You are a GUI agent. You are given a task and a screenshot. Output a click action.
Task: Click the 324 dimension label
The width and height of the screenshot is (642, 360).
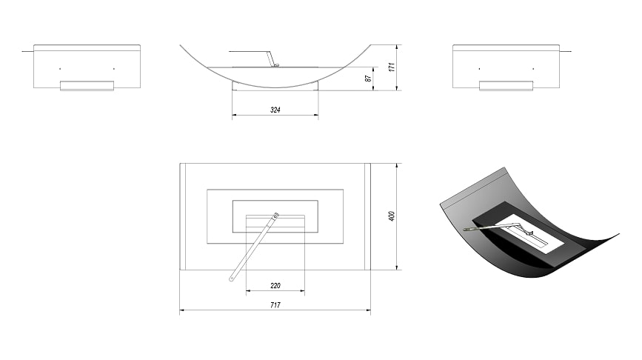275,110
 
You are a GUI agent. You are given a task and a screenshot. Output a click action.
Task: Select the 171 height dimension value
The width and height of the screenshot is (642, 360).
392,67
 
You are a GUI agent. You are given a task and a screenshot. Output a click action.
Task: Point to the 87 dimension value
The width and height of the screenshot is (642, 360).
369,78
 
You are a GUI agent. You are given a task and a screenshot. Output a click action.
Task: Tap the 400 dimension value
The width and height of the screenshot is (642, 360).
392,216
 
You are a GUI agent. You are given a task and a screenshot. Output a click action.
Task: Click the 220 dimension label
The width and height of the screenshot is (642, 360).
275,285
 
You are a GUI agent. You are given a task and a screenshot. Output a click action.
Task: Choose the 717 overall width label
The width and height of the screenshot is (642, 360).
275,305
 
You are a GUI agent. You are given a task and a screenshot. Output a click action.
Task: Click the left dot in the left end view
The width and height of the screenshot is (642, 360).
60,69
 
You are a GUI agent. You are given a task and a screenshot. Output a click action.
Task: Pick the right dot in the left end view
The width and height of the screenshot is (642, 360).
114,69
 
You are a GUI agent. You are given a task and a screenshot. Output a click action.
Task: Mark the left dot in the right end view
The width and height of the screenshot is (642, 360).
479,69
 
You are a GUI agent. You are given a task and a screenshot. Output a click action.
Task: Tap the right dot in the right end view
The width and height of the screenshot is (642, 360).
533,69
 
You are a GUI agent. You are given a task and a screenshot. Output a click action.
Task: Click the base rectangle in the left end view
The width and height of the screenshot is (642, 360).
87,86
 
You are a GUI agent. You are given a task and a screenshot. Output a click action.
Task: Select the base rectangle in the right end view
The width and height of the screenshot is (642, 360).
506,86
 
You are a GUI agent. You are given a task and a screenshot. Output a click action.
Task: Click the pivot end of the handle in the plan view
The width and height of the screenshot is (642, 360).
276,215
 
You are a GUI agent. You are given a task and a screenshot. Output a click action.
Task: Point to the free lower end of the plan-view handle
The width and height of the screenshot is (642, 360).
231,279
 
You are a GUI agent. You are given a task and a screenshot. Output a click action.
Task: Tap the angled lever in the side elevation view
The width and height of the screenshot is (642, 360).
270,59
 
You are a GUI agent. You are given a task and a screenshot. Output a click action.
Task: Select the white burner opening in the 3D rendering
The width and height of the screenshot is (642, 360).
531,232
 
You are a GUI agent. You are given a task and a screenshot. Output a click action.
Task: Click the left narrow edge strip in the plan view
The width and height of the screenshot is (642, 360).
183,216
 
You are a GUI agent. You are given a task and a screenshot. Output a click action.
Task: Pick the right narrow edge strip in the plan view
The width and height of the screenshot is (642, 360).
368,216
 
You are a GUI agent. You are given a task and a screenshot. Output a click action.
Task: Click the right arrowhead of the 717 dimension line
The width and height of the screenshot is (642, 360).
369,310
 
